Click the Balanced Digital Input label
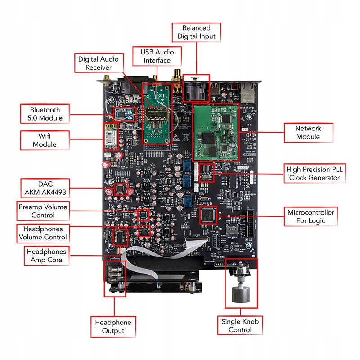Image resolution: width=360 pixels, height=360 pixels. click(x=196, y=32)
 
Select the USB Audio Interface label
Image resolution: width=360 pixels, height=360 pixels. click(x=157, y=56)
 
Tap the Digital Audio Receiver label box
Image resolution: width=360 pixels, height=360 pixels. click(x=99, y=63)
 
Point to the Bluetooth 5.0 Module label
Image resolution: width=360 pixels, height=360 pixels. click(x=45, y=114)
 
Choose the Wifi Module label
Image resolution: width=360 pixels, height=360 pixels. click(x=45, y=140)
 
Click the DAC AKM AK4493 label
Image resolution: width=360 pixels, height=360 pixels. click(x=45, y=188)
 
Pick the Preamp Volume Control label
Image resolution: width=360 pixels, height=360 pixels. click(x=43, y=211)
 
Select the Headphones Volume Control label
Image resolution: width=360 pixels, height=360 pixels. click(x=43, y=233)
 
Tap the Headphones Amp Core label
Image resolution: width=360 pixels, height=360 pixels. click(x=47, y=256)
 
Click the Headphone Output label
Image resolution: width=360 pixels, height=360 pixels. click(x=113, y=327)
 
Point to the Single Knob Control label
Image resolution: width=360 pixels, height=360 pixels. click(x=240, y=325)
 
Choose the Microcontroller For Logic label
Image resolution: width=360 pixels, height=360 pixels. click(x=311, y=216)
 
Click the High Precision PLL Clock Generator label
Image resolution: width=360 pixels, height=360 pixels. click(x=315, y=174)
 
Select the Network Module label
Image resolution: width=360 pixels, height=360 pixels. click(x=308, y=133)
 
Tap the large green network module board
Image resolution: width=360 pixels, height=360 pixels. click(x=216, y=133)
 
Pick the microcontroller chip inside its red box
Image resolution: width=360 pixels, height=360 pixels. click(x=208, y=215)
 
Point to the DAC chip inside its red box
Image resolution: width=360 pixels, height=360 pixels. click(x=121, y=189)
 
